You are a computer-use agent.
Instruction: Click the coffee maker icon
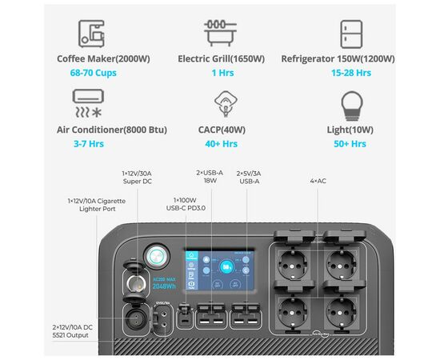[x=91, y=34]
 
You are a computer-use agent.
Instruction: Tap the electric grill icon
[x=220, y=33]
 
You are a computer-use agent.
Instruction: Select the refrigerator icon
[x=351, y=34]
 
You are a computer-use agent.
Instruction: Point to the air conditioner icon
[x=88, y=103]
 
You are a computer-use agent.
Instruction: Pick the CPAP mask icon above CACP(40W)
[x=226, y=103]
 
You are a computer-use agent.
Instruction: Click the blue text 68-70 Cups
[x=93, y=73]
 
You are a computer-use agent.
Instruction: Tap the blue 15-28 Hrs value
[x=351, y=73]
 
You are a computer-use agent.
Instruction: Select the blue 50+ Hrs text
[x=350, y=144]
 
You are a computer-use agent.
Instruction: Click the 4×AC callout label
[x=318, y=181]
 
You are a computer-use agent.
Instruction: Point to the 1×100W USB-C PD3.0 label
[x=186, y=204]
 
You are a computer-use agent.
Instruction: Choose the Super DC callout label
[x=137, y=178]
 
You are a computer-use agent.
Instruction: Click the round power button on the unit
[x=156, y=256]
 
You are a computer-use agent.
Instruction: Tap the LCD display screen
[x=220, y=270]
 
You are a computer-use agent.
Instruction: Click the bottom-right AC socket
[x=342, y=311]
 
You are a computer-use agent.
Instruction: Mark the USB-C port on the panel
[x=185, y=318]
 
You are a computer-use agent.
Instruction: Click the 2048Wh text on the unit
[x=164, y=286]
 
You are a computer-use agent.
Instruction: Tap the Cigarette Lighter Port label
[x=97, y=205]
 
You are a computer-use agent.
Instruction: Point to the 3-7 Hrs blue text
[x=89, y=144]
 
